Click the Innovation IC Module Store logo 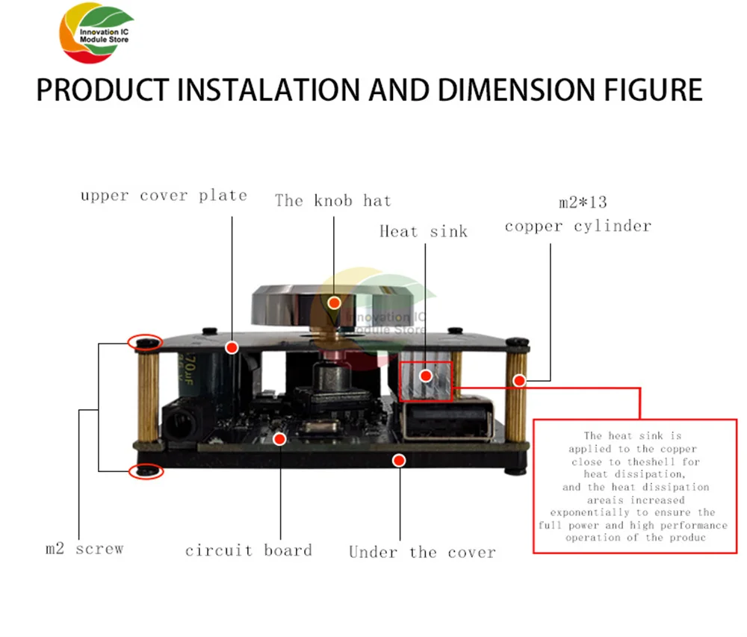coord(96,37)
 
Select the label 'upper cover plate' coord(164,196)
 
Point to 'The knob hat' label coord(332,200)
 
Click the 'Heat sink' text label coord(423,232)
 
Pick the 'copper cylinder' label coord(577,226)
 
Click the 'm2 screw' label coord(84,549)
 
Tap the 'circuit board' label coord(248,551)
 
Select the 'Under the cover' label coord(422,553)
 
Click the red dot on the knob coord(335,302)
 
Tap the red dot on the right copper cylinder coord(518,380)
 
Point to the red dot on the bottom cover coord(400,460)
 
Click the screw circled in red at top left coord(146,342)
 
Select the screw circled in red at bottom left coord(146,471)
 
